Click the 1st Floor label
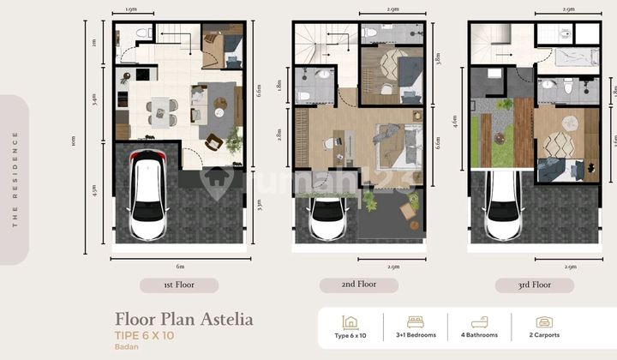click(179, 285)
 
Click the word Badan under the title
click(127, 349)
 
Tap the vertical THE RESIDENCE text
click(15, 180)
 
